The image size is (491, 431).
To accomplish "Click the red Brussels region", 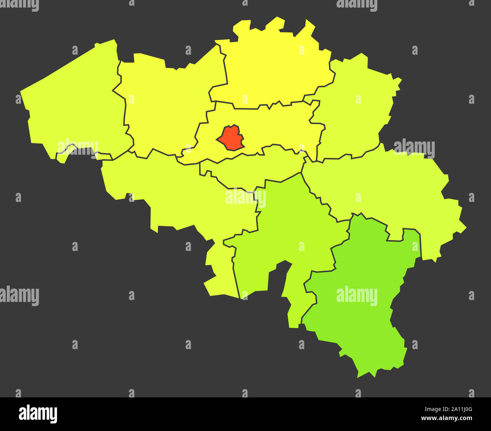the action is [230, 138].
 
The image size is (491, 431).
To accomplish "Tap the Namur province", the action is [295, 234].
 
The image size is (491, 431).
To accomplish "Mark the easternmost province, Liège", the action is [389, 189].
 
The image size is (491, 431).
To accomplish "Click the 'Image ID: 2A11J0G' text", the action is [446, 409].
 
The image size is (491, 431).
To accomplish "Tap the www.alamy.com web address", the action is [446, 418].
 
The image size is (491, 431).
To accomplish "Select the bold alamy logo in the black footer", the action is [38, 414].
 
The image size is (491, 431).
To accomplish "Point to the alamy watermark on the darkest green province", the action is [357, 295].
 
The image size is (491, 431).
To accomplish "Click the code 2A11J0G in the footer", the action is [459, 409].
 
